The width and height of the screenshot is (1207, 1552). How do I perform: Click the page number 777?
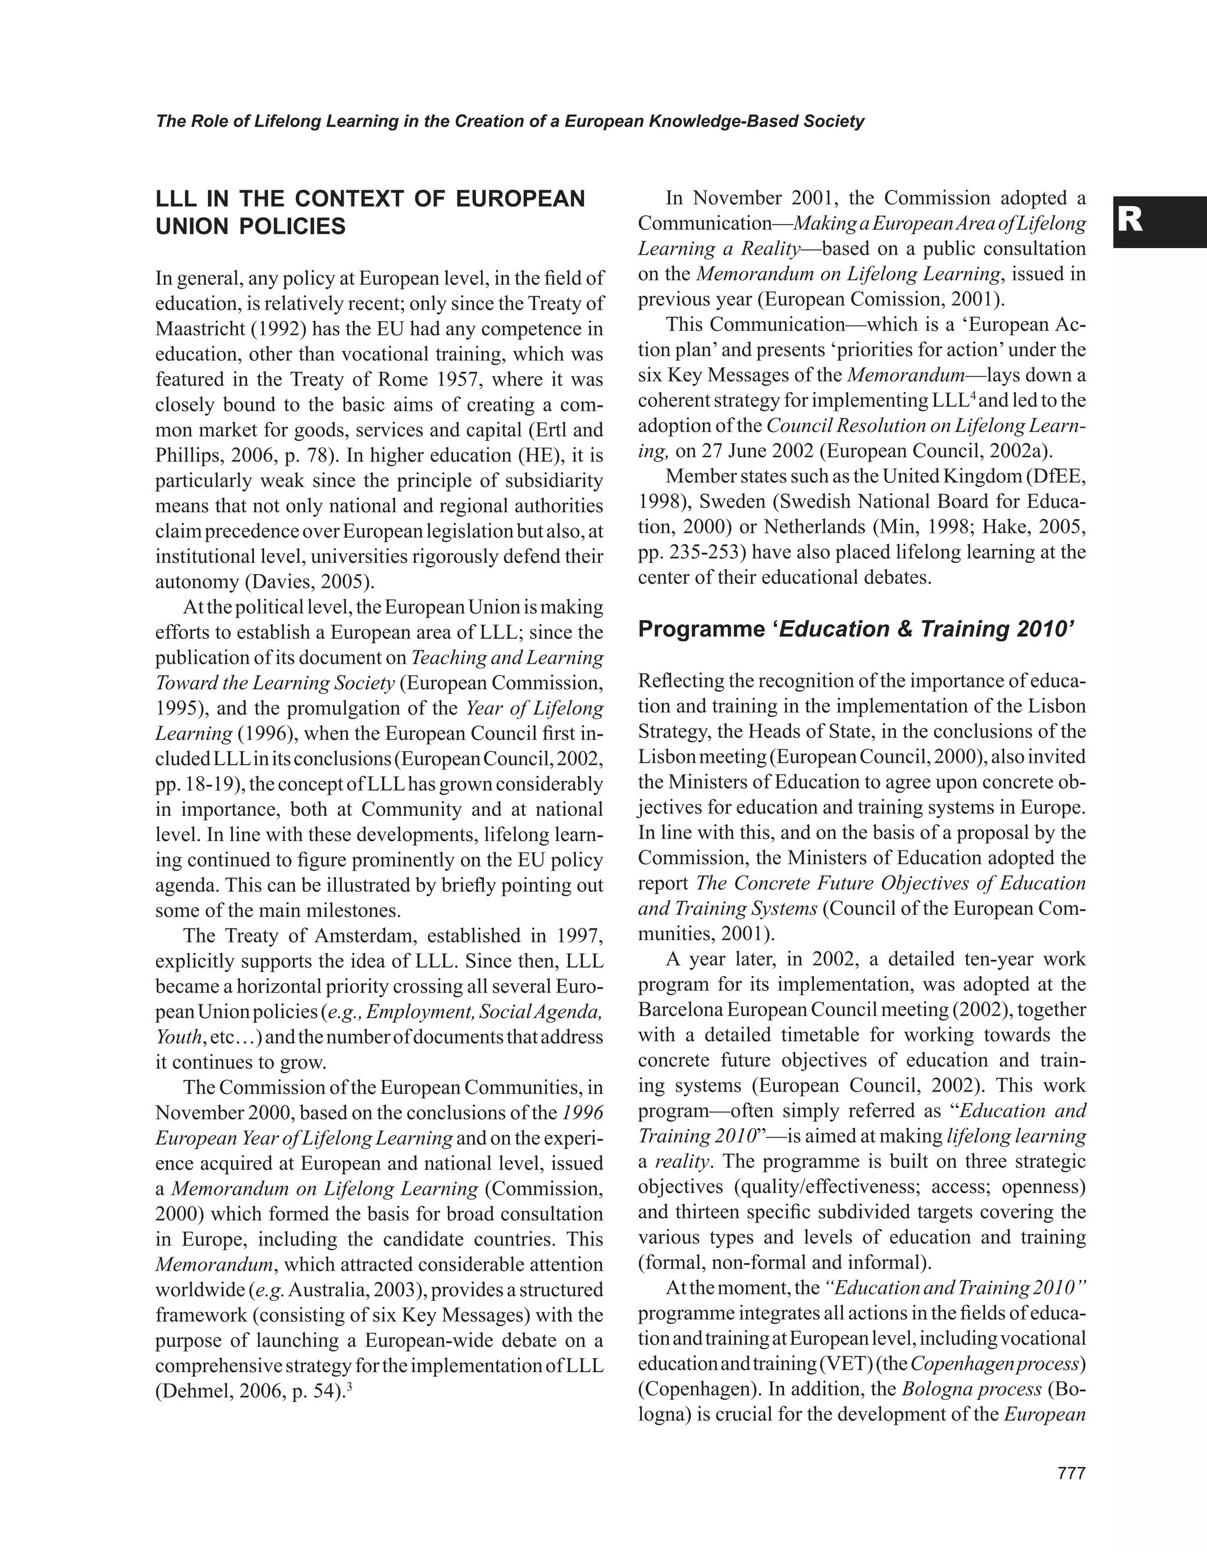[x=1071, y=1473]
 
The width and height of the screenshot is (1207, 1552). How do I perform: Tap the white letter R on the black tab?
[x=1130, y=222]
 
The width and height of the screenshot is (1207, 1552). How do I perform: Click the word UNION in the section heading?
[x=190, y=227]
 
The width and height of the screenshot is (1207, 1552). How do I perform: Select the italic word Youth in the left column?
[x=177, y=1037]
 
